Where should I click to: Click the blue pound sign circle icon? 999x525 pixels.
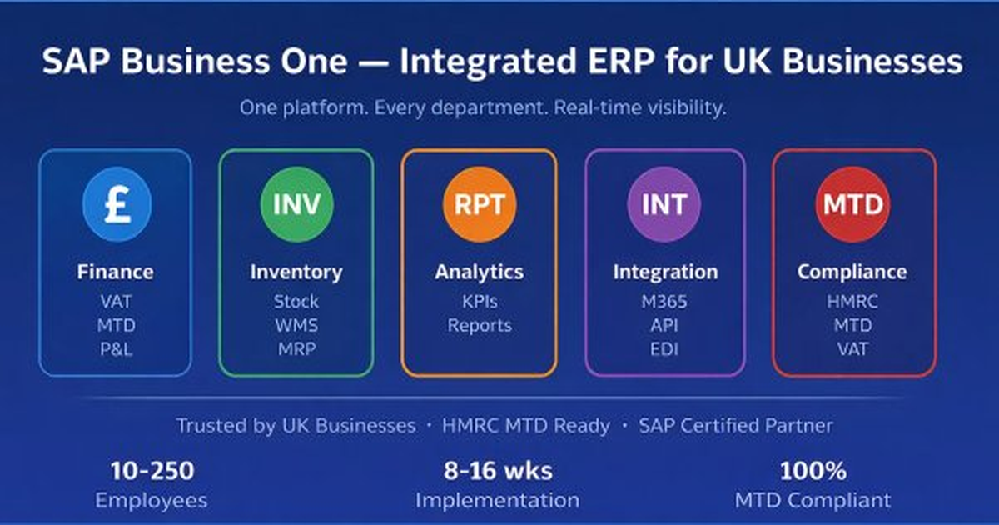117,204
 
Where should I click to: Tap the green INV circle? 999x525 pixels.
296,204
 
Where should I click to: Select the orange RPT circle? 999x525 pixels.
480,204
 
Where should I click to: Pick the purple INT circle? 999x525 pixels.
664,204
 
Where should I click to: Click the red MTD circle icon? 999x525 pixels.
853,204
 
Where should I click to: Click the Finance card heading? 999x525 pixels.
116,272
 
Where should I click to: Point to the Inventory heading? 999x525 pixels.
296,272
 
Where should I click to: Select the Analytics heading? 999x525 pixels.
480,272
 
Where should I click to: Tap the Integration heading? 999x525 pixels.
665,272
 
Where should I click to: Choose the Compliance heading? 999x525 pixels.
852,272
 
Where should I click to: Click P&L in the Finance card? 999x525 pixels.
116,349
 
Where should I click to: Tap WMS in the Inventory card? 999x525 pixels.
296,326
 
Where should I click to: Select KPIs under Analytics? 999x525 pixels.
480,302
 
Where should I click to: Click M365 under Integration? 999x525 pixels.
664,302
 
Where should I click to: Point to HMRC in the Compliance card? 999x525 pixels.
852,302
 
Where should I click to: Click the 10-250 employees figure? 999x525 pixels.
152,471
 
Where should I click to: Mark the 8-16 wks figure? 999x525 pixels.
498,471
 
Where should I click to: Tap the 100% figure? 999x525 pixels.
813,471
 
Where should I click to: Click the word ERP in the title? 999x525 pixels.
621,61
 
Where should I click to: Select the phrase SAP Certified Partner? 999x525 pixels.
736,426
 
